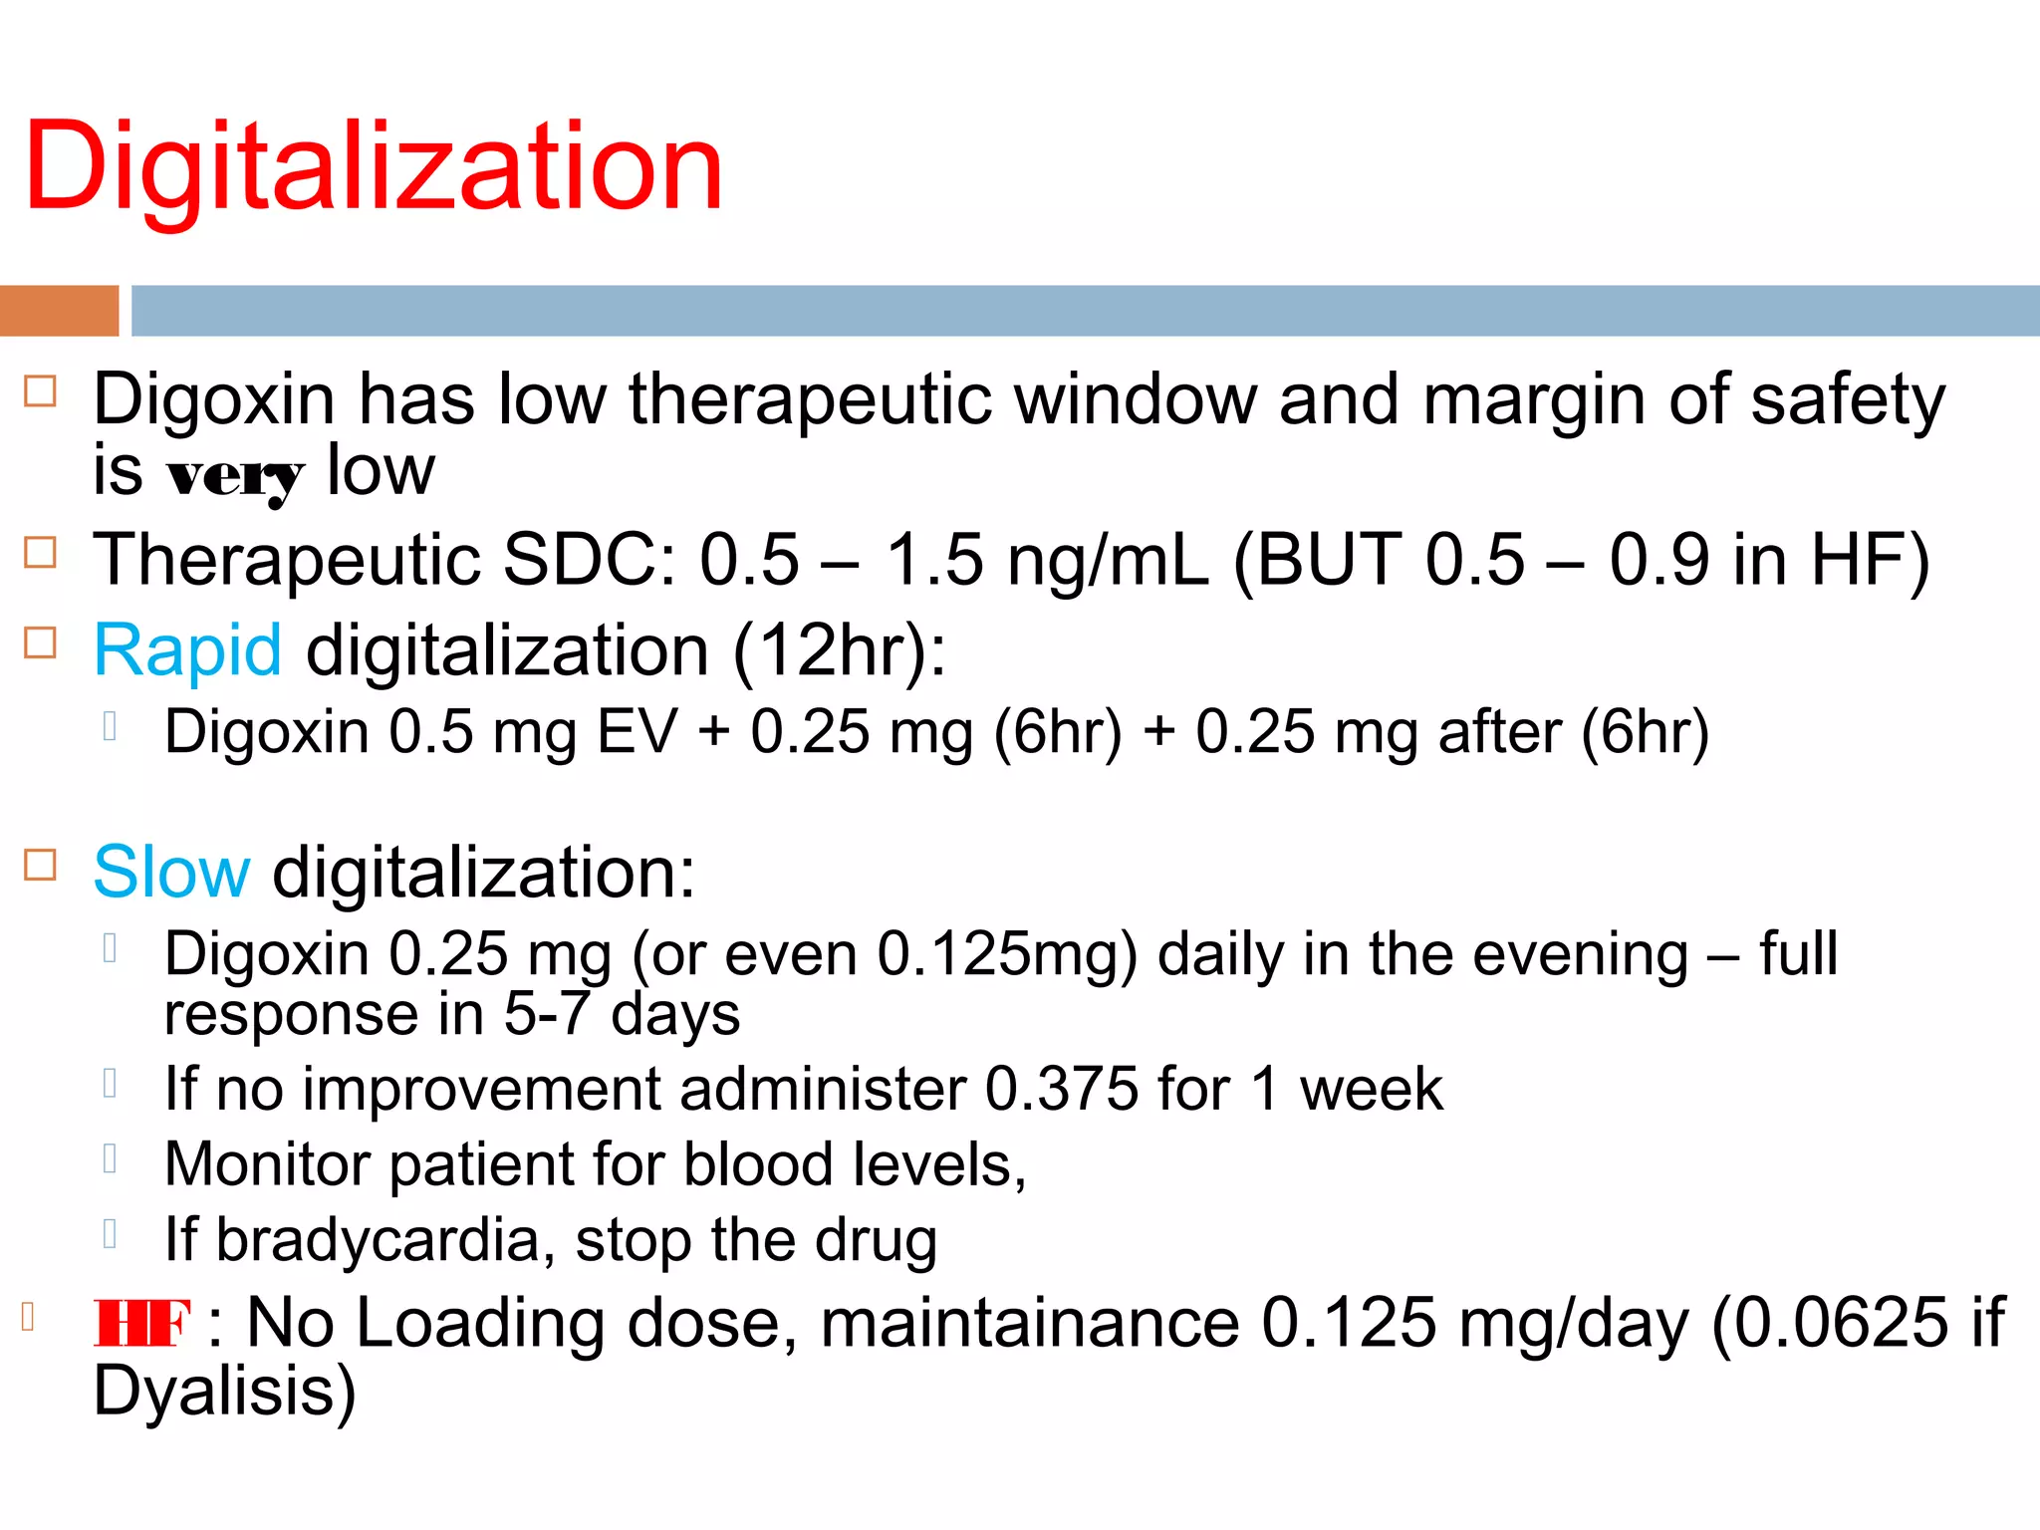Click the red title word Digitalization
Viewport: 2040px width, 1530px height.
(374, 166)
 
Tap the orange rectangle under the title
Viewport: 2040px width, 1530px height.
(59, 311)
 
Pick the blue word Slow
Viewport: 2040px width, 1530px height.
(171, 873)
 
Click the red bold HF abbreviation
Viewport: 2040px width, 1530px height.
(141, 1324)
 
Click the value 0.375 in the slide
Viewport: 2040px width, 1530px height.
(1062, 1089)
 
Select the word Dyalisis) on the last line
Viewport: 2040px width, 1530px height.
(224, 1391)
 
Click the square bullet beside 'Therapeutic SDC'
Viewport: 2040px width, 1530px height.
(40, 552)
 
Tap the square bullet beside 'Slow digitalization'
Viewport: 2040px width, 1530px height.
(40, 865)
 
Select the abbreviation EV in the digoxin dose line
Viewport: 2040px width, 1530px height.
(637, 732)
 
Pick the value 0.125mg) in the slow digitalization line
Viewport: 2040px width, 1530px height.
(1007, 954)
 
